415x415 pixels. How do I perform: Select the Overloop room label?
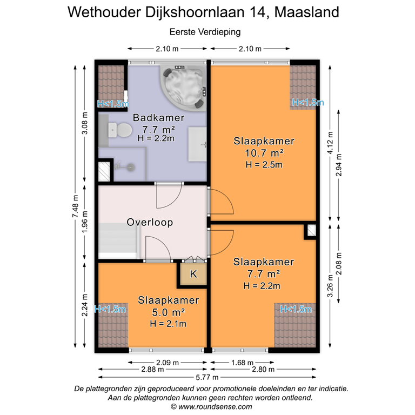(x=149, y=222)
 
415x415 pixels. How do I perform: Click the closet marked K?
(x=193, y=274)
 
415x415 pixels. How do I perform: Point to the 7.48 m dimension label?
(x=76, y=205)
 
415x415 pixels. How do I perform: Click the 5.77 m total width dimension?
(x=207, y=377)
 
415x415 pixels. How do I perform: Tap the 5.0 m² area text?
(x=169, y=312)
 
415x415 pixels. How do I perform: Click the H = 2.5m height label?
(x=264, y=165)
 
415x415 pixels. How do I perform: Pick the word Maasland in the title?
(x=309, y=12)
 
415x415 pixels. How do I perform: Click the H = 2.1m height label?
(x=169, y=324)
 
